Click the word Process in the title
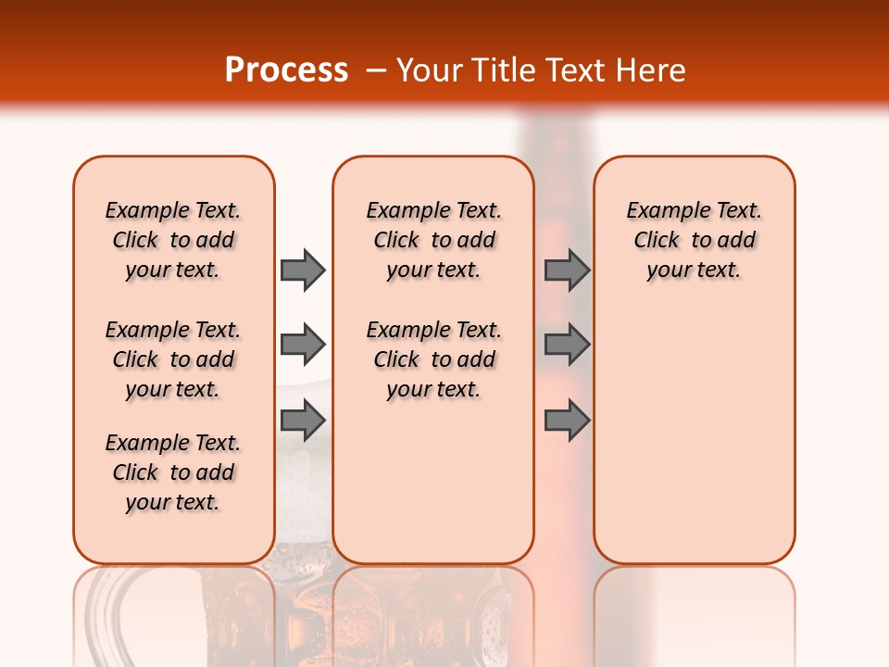pos(285,70)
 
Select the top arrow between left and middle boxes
pos(303,270)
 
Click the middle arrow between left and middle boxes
pos(303,345)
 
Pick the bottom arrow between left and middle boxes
pos(303,420)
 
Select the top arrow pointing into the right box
pos(567,270)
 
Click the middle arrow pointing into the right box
pos(567,345)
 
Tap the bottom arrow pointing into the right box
pos(567,420)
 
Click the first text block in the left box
pos(173,240)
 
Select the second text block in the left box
pos(173,359)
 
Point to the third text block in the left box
pos(173,472)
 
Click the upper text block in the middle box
pos(433,240)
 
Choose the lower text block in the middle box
pos(433,359)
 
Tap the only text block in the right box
pos(694,240)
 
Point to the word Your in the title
pos(428,70)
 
